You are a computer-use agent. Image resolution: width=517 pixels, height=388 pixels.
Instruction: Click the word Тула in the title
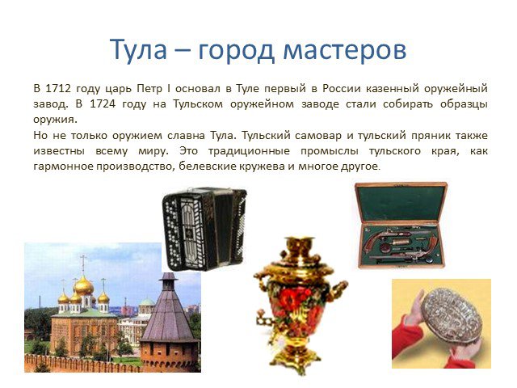click(x=138, y=49)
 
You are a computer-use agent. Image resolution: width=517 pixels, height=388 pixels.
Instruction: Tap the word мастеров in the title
click(x=345, y=50)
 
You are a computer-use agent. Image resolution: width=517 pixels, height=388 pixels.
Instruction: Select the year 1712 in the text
click(x=57, y=88)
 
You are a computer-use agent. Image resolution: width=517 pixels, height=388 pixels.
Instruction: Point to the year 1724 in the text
click(x=103, y=104)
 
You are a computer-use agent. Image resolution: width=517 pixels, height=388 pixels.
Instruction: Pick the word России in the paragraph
click(x=341, y=88)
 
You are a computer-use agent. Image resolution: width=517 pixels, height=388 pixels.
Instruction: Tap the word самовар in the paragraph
click(x=318, y=135)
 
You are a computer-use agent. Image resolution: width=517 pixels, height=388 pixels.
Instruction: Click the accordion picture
click(x=204, y=229)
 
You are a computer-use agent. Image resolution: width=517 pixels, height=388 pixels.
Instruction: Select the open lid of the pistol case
click(x=401, y=202)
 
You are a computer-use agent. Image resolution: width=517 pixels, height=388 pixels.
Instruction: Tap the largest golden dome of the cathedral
click(x=83, y=285)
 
